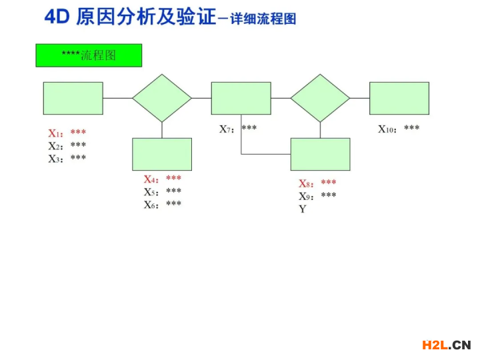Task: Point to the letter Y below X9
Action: coord(303,209)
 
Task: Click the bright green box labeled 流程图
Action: coord(89,55)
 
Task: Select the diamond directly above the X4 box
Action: coord(162,98)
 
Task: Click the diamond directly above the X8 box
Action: coord(320,98)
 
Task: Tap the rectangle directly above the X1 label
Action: coord(73,98)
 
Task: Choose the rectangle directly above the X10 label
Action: coord(399,98)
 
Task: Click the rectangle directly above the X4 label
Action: coord(162,154)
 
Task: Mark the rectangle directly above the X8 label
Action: coord(320,154)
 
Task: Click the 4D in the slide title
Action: coord(57,17)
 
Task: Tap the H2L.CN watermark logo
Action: coord(447,345)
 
